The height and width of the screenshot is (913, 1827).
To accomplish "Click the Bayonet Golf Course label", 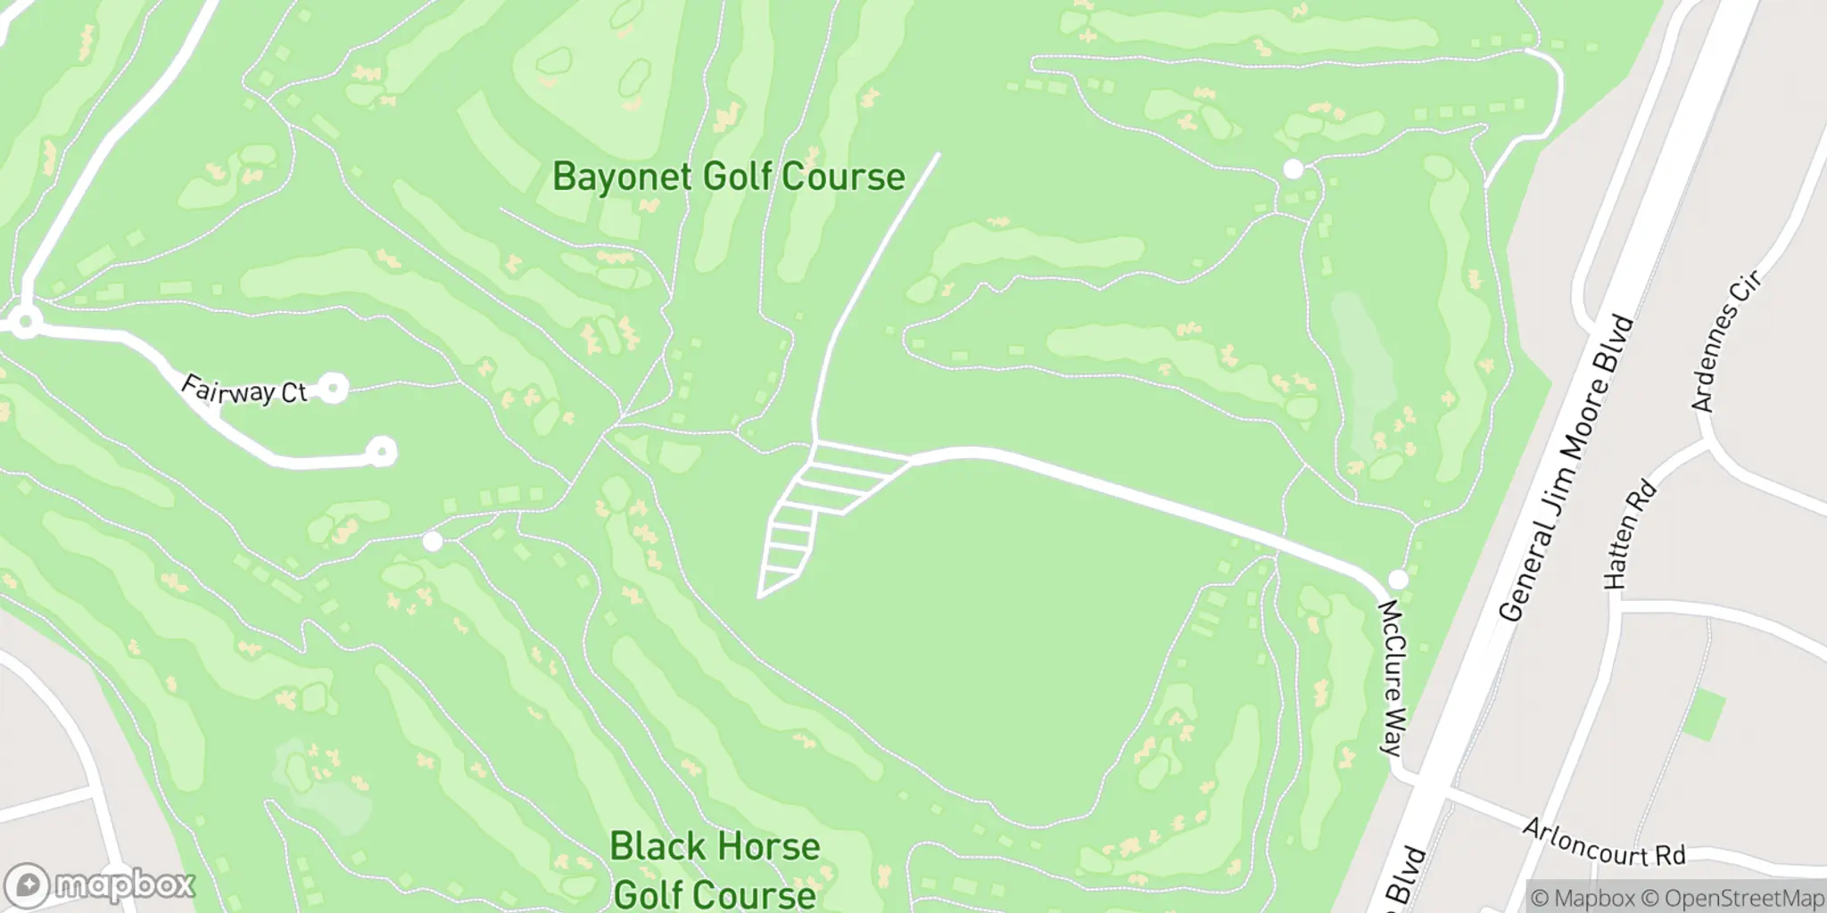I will (728, 177).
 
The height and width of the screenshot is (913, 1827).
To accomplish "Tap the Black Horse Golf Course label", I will (714, 869).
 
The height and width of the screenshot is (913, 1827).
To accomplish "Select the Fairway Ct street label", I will (244, 390).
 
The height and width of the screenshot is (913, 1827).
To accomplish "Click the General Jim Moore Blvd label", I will (1567, 468).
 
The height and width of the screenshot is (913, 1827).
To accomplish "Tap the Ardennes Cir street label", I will (1726, 343).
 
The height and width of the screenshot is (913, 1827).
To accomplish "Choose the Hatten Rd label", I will (1629, 535).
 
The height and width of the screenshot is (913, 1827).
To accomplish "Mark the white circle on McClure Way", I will (1398, 580).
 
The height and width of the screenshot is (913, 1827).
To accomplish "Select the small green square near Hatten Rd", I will (1703, 715).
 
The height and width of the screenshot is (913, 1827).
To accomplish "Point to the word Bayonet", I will (622, 177).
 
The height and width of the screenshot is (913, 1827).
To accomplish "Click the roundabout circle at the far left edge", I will (24, 322).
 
